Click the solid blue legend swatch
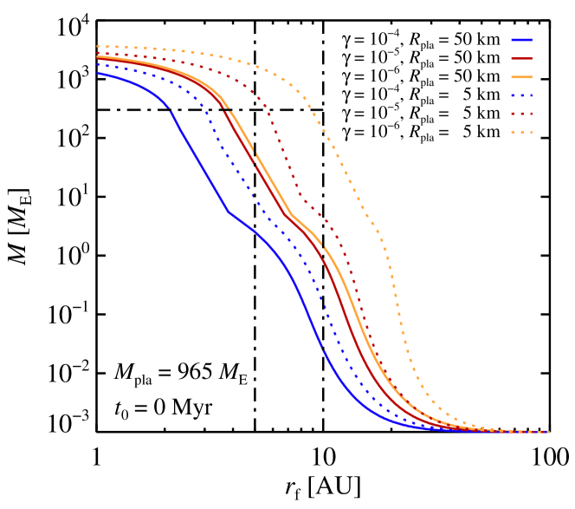pyautogui.click(x=521, y=40)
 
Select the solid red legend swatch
pyautogui.click(x=521, y=59)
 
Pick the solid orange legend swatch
pyautogui.click(x=521, y=77)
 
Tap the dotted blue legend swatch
pyautogui.click(x=521, y=95)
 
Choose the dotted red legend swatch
pyautogui.click(x=521, y=114)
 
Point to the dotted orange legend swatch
pyautogui.click(x=521, y=133)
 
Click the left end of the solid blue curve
pyautogui.click(x=98, y=74)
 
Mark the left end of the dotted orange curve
pyautogui.click(x=98, y=47)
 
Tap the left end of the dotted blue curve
pyautogui.click(x=98, y=64)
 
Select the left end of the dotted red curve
pyautogui.click(x=98, y=54)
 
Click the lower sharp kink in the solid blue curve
pyautogui.click(x=228, y=211)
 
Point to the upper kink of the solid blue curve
pyautogui.click(x=170, y=111)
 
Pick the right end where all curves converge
pyautogui.click(x=547, y=432)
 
